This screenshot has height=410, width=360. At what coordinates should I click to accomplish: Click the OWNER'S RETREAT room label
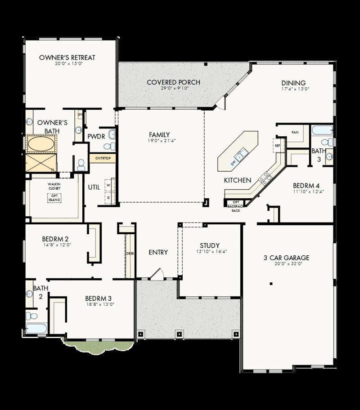(x=67, y=58)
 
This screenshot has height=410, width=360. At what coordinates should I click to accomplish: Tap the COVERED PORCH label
(x=173, y=82)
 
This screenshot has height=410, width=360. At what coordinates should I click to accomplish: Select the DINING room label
(x=293, y=83)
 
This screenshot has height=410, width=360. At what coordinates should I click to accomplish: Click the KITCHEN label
(x=237, y=180)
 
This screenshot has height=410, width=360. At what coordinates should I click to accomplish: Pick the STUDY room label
(x=210, y=245)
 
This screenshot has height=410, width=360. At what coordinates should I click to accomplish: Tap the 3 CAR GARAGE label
(x=286, y=258)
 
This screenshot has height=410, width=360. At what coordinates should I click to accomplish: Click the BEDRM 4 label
(x=306, y=185)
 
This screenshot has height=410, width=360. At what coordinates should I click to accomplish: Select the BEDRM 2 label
(x=55, y=239)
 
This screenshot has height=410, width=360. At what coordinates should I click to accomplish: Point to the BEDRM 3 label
(x=98, y=298)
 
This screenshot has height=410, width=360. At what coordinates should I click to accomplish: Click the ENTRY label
(x=158, y=252)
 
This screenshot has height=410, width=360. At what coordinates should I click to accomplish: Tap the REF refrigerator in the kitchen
(x=277, y=145)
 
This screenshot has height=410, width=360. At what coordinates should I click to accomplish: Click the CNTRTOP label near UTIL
(x=103, y=158)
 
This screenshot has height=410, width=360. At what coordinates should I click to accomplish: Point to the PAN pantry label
(x=295, y=133)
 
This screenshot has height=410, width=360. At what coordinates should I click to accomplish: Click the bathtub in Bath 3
(x=321, y=131)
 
